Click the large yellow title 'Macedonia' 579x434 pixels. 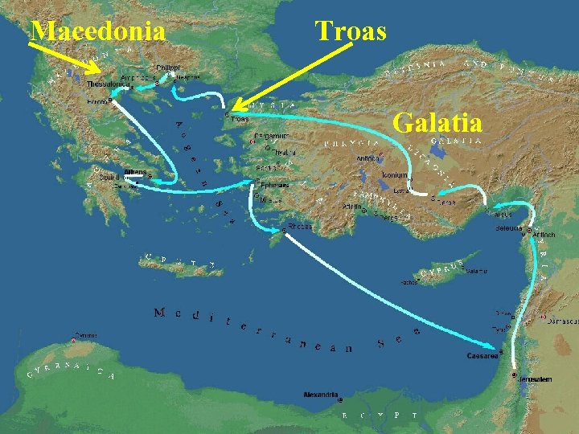point(98,31)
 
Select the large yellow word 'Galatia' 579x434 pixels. point(437,123)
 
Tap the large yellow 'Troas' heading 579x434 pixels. point(351,31)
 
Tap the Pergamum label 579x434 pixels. point(269,137)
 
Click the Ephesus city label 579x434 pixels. point(271,183)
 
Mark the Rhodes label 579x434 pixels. point(300,227)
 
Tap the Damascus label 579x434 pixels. point(562,321)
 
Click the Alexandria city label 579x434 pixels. point(321,395)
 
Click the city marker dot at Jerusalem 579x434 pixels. point(515,375)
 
